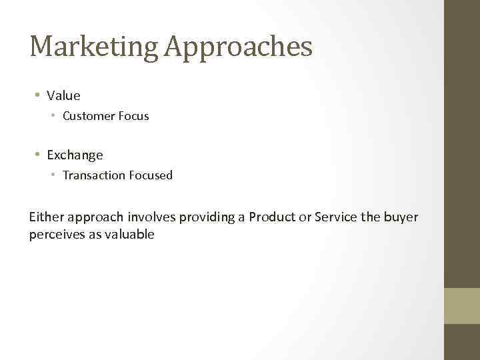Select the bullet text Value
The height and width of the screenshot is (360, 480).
(x=63, y=95)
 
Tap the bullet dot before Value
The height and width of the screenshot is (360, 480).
(x=37, y=95)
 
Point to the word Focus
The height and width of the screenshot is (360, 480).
(x=134, y=116)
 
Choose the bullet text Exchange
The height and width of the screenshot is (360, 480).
(x=75, y=155)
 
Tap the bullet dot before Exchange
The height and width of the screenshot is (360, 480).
(x=37, y=155)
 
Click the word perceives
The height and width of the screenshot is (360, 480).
(x=57, y=234)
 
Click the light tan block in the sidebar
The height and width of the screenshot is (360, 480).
(x=461, y=306)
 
